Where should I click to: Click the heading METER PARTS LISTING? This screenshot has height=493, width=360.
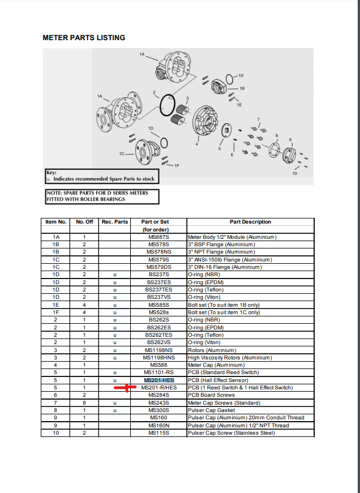84,38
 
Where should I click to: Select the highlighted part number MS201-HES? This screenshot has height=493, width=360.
159,380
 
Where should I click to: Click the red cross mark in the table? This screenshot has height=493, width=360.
126,387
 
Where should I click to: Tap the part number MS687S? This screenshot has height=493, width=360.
159,237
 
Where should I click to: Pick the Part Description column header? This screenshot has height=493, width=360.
250,222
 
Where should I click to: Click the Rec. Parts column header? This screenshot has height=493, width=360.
115,222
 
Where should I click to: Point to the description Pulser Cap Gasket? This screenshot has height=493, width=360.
211,410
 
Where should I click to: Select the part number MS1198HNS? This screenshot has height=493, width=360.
159,358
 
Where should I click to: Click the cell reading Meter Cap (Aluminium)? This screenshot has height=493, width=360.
216,365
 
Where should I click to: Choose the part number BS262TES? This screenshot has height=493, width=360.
159,335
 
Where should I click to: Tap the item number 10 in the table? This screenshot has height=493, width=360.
55,433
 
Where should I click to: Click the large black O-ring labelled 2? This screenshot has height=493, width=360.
168,105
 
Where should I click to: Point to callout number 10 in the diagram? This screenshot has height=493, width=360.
294,173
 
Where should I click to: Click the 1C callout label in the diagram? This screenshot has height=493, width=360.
122,154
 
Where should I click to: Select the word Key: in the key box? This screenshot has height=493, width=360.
52,173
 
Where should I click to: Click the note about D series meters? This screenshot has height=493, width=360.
97,196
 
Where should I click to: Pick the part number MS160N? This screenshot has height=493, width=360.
159,426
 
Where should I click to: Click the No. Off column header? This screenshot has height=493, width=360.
84,222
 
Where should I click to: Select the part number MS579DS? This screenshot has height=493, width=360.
159,267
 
